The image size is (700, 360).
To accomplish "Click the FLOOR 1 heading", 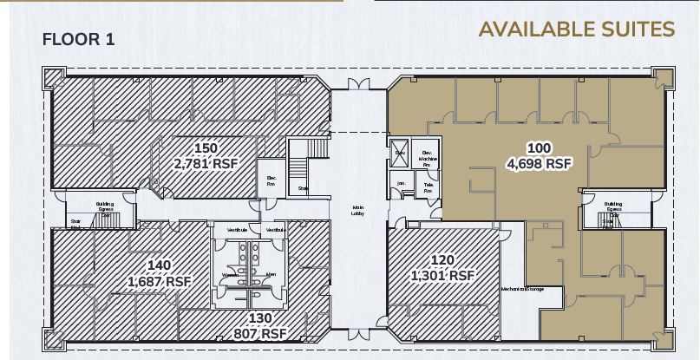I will pos(78,39).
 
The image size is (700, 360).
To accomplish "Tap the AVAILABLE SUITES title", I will pos(576,29).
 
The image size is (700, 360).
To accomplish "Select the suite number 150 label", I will pos(206,147).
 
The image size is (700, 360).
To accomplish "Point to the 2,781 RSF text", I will pos(206,164).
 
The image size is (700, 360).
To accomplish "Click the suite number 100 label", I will pos(540,147).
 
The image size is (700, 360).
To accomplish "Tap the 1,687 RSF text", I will pos(159,281).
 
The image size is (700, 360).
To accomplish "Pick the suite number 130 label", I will pos(261,317).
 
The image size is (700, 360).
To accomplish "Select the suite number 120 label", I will pos(443,259).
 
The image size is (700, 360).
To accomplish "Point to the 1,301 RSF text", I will pos(443,276).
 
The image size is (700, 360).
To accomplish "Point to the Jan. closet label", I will pos(402,183).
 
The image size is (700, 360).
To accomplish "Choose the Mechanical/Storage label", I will pos(521,288).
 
